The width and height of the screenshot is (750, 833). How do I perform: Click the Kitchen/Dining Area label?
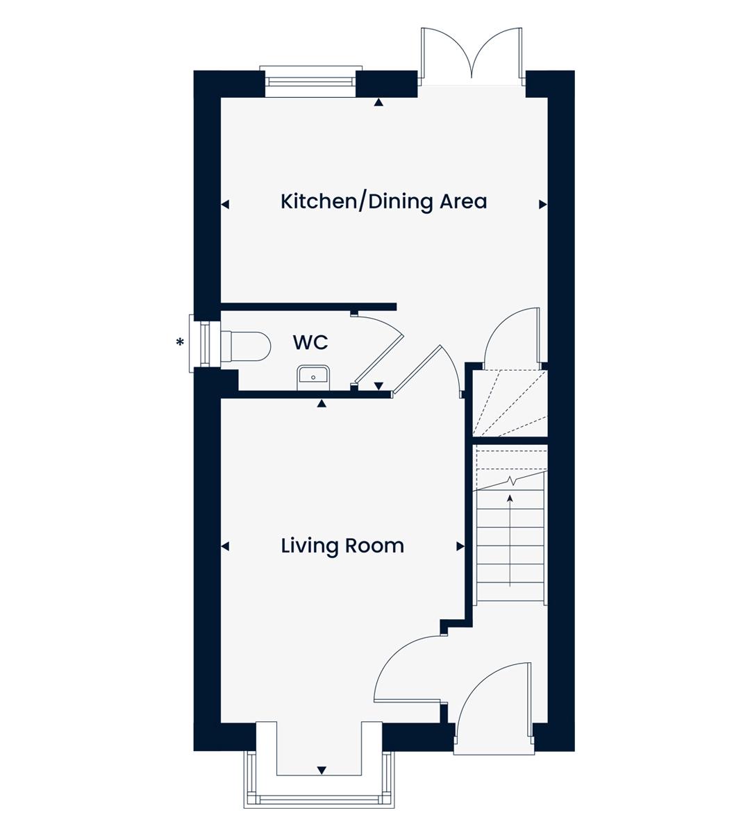383,202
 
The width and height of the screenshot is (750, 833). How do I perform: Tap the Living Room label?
342,546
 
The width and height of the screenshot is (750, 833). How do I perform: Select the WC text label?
310,343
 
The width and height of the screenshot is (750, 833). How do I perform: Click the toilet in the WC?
246,346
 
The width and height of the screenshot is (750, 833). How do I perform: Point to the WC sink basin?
313,378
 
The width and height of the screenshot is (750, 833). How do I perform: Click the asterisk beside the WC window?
180,343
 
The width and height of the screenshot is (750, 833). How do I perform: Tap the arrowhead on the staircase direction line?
510,498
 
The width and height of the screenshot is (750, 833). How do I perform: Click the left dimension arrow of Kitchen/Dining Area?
225,204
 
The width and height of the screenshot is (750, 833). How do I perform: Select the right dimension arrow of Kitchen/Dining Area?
543,204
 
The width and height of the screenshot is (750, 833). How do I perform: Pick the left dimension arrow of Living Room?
225,546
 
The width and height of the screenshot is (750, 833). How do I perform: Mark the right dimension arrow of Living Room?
460,546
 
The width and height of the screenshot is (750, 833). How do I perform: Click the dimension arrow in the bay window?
322,771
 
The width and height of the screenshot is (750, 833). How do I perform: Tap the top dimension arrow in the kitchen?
378,102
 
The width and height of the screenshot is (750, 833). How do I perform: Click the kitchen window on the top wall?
310,81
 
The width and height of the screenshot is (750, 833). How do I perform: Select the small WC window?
204,344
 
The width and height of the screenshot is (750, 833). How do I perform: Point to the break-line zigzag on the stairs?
511,481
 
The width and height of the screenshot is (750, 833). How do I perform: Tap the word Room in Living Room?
375,546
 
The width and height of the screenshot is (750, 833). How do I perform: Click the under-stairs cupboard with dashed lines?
510,403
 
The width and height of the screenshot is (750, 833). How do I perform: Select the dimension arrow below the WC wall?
322,403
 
